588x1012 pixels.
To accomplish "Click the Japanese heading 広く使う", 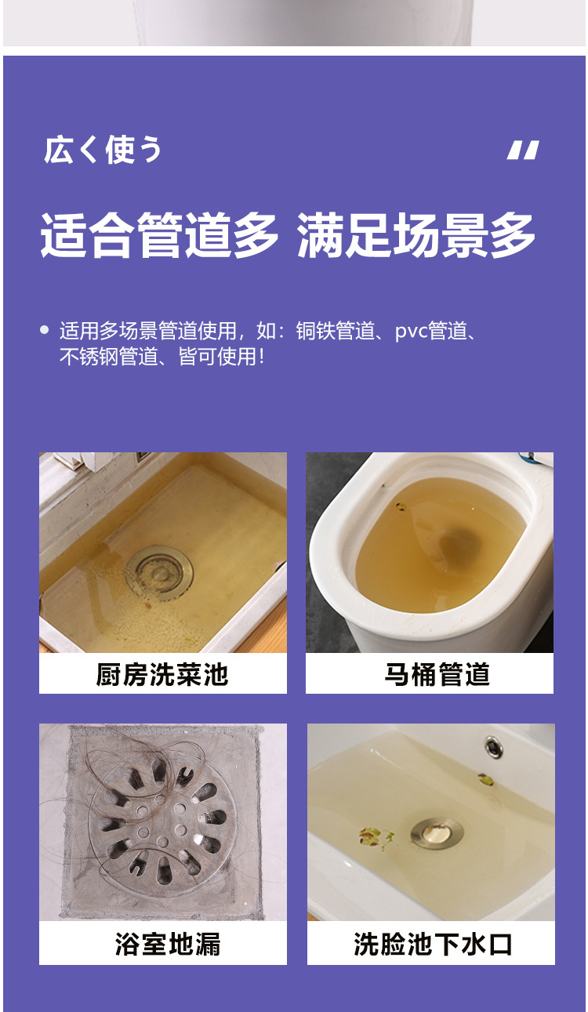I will pyautogui.click(x=103, y=150).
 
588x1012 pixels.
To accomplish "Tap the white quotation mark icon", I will pyautogui.click(x=523, y=150).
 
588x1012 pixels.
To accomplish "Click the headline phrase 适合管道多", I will pyautogui.click(x=160, y=234).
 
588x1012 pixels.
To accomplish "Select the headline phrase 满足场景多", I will pyautogui.click(x=416, y=234).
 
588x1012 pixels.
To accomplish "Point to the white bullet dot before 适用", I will pyautogui.click(x=45, y=330).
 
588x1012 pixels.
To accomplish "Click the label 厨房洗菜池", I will pyautogui.click(x=162, y=674).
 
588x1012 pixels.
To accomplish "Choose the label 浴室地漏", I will pyautogui.click(x=168, y=944).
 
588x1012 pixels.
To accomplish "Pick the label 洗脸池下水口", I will pyautogui.click(x=433, y=944).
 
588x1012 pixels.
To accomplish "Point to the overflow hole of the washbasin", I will pyautogui.click(x=494, y=747).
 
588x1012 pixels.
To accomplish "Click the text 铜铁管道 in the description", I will pyautogui.click(x=335, y=331).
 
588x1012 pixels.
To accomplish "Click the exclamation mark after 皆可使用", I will pyautogui.click(x=261, y=357).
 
